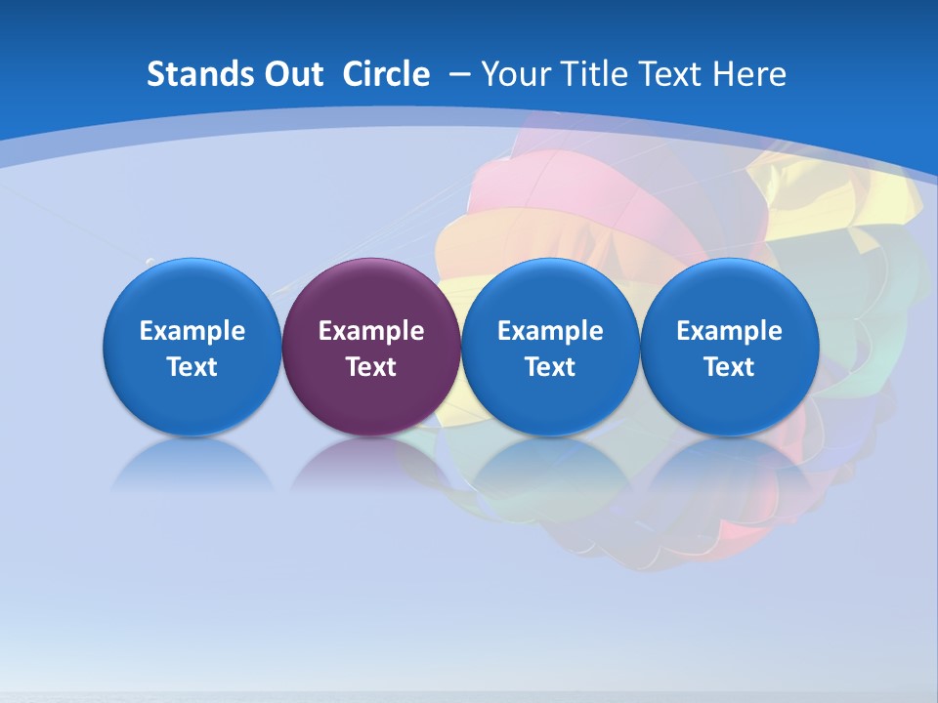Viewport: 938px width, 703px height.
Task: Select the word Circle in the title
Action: (386, 74)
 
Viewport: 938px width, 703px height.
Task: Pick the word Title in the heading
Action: (594, 74)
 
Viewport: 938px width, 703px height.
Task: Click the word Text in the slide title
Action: (671, 74)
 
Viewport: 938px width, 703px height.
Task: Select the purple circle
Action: (371, 293)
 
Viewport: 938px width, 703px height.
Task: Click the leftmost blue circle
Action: (192, 293)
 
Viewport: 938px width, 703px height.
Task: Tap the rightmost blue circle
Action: (729, 293)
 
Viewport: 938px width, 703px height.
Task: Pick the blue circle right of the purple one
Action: (550, 293)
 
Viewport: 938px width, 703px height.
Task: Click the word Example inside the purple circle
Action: (371, 331)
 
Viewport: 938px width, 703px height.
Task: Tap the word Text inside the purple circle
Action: (371, 367)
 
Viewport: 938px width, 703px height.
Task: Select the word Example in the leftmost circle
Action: (192, 331)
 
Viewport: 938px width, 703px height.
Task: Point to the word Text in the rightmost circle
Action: (729, 367)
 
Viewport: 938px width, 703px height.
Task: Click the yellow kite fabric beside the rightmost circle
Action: (860, 195)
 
